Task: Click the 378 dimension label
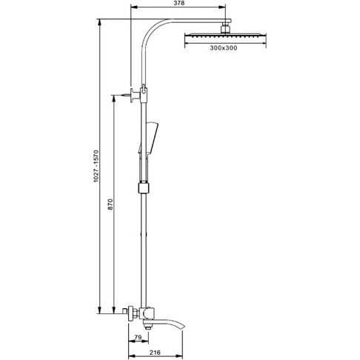[179, 3]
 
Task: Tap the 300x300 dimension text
[224, 48]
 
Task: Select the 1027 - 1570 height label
[96, 166]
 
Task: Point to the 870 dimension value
[110, 204]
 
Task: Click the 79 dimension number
[138, 337]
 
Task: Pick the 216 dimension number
[155, 353]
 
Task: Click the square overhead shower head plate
[225, 35]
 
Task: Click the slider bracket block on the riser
[144, 188]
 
